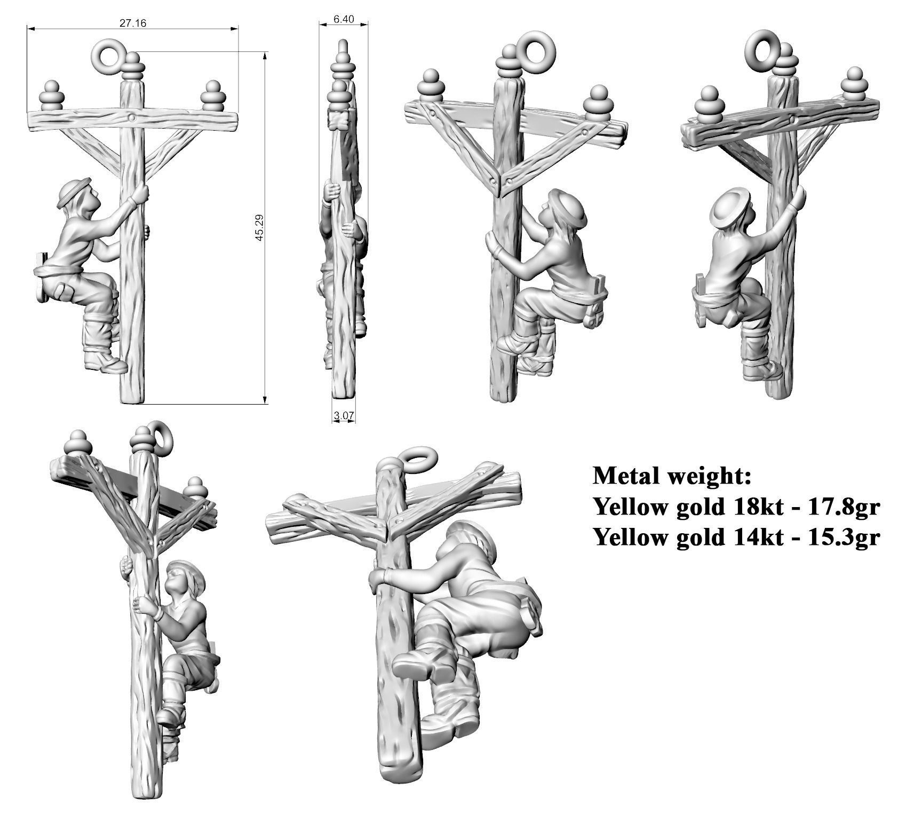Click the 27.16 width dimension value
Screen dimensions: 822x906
point(133,22)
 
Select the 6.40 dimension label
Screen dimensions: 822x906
point(343,19)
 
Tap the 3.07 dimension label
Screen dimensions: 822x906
point(344,415)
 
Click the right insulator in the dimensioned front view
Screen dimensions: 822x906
point(212,97)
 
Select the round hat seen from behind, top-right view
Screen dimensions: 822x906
point(731,208)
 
